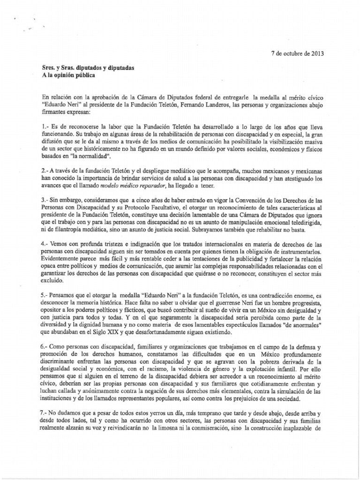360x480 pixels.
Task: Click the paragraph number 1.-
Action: pyautogui.click(x=45, y=127)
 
